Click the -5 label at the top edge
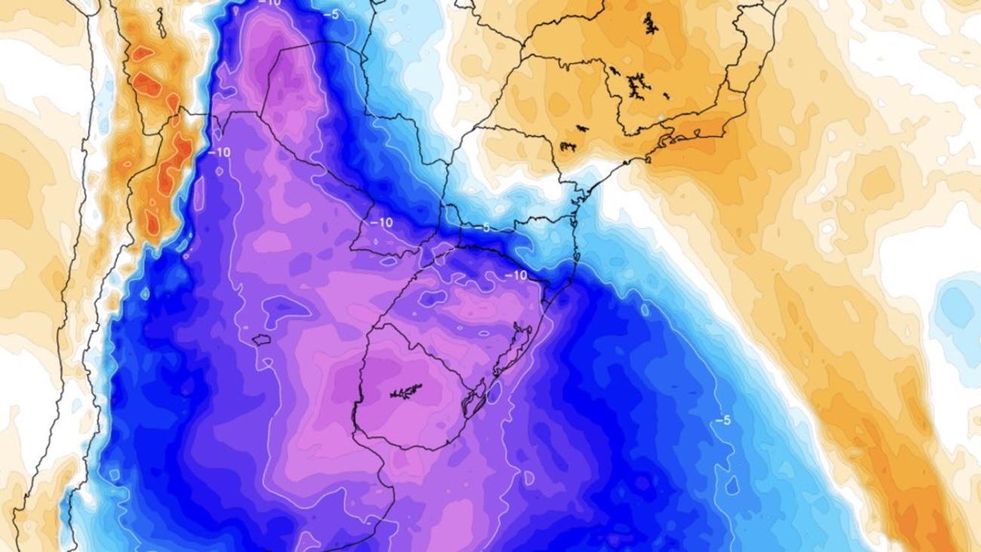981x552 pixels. pyautogui.click(x=330, y=14)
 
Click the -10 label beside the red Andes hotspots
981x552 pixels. pyautogui.click(x=220, y=151)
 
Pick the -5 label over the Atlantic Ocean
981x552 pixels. pyautogui.click(x=724, y=420)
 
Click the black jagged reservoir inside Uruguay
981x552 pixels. pyautogui.click(x=405, y=391)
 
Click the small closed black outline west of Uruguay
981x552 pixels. pyautogui.click(x=261, y=340)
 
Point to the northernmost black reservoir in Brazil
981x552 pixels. pyautogui.click(x=650, y=24)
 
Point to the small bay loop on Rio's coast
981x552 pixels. pyautogui.click(x=669, y=139)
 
